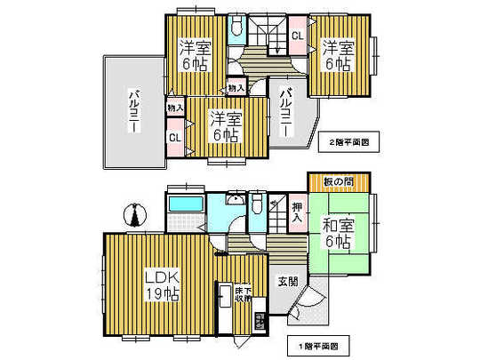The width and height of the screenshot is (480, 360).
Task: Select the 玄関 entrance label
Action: (x=286, y=282)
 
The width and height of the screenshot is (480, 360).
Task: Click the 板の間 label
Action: (x=339, y=182)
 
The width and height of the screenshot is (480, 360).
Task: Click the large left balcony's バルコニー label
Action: (x=134, y=109)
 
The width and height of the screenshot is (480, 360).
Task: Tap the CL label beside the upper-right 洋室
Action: (x=297, y=36)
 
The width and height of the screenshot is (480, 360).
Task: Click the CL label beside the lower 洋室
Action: (x=175, y=138)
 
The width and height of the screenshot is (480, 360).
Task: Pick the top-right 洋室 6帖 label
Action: (x=338, y=55)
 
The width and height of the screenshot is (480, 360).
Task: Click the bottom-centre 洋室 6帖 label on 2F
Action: (x=225, y=125)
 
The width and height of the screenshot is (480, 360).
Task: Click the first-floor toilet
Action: (x=256, y=206)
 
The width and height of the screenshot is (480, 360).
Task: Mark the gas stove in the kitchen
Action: (x=260, y=321)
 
